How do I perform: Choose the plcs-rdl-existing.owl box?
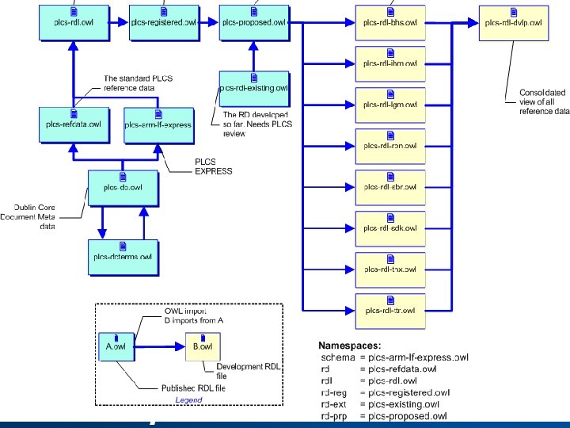[253, 89]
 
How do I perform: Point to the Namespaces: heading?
[349, 346]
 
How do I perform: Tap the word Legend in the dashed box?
[188, 399]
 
